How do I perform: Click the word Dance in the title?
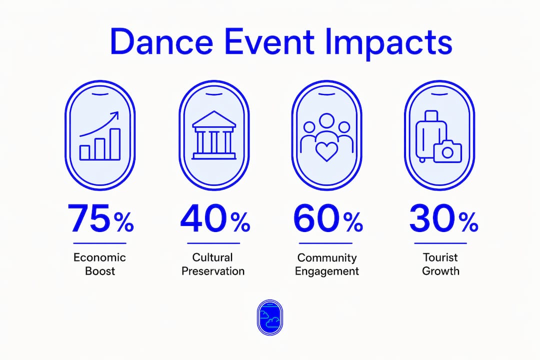pos(161,41)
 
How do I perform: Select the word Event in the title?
pos(269,41)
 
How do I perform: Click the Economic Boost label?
pos(100,264)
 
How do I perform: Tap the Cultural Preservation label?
pos(213,264)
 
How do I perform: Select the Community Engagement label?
pos(327,264)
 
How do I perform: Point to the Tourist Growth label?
pos(440,264)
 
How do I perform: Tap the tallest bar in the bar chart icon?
pos(114,144)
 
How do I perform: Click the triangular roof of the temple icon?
pos(214,119)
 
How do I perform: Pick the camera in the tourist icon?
pos(447,151)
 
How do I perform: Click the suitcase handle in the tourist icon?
pos(431,114)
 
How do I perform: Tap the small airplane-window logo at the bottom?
pos(270,317)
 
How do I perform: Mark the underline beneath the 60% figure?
pos(325,243)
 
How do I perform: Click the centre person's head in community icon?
pos(326,120)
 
